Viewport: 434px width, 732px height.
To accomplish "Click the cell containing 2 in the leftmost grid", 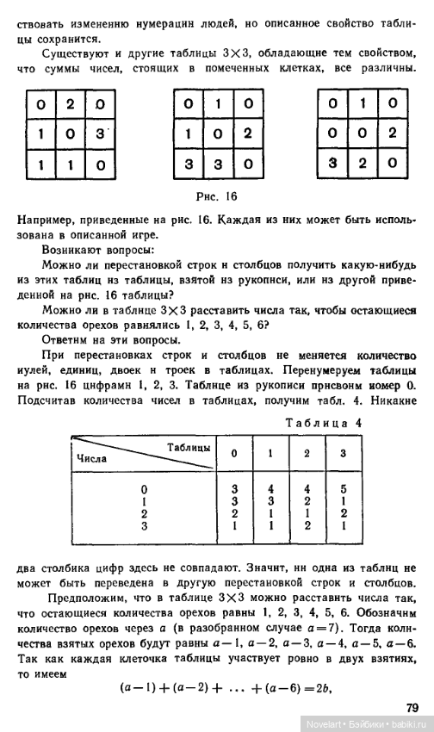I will pyautogui.click(x=71, y=106).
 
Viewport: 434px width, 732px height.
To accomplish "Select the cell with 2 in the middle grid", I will pyautogui.click(x=247, y=134).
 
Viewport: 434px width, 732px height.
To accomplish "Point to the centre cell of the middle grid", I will pyautogui.click(x=219, y=134).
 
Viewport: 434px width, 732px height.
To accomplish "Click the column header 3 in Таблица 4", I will pyautogui.click(x=343, y=453).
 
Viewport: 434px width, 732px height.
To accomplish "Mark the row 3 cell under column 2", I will pyautogui.click(x=307, y=524).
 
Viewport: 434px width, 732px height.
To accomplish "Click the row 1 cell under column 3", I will pyautogui.click(x=343, y=501).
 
